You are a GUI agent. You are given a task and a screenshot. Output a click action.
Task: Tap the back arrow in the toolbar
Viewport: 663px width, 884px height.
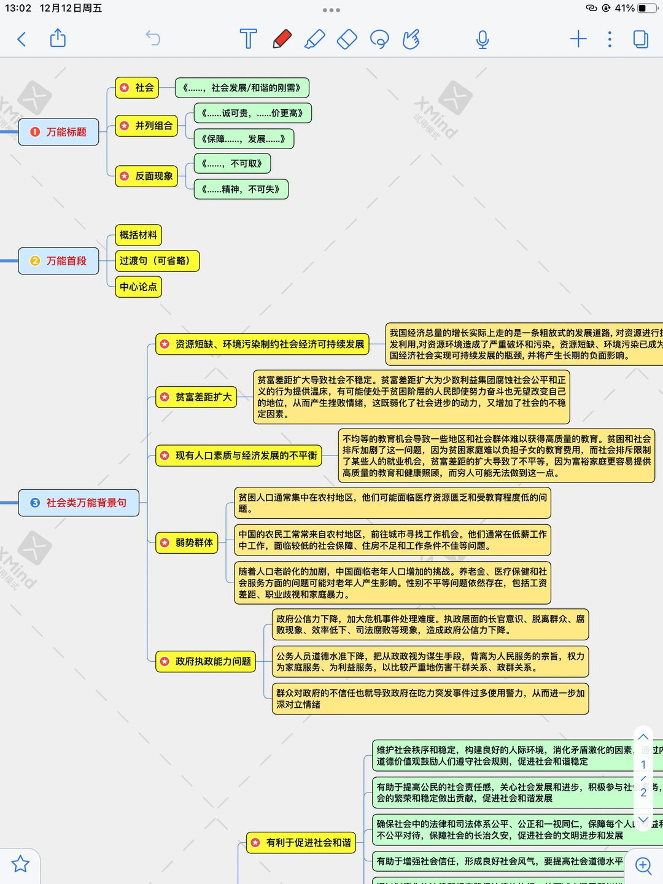pos(22,39)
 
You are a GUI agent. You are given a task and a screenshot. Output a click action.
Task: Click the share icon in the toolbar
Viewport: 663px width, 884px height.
pos(58,38)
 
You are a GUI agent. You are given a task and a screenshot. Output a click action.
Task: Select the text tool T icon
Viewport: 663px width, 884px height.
pos(248,39)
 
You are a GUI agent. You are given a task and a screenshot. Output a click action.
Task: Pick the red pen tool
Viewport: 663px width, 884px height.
pos(282,39)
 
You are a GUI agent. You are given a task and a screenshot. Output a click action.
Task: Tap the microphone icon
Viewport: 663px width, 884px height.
pos(483,39)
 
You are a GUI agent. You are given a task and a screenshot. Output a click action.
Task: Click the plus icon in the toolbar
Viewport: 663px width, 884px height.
pos(578,39)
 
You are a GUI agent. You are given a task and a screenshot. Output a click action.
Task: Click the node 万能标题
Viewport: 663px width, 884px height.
pos(59,132)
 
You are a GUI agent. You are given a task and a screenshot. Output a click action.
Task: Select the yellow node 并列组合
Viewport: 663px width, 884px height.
pos(147,126)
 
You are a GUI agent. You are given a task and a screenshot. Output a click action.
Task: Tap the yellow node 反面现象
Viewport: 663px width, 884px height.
pos(147,176)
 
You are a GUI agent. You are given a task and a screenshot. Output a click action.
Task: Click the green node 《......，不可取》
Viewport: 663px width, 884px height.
pos(232,164)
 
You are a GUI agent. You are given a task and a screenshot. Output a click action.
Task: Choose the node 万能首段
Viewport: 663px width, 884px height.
pos(59,261)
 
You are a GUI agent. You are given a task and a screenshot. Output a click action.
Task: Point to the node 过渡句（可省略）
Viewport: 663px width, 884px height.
pos(158,261)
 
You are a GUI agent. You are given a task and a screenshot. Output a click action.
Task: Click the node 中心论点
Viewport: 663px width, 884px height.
pos(139,287)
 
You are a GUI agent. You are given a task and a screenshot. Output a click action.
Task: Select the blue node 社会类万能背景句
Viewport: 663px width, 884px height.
pos(79,503)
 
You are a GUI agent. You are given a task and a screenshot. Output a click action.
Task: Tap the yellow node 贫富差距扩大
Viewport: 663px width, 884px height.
pos(196,397)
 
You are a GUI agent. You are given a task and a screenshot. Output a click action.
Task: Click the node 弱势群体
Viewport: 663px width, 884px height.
pos(187,543)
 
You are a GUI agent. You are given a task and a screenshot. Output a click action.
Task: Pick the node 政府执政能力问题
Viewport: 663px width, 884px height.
pos(206,661)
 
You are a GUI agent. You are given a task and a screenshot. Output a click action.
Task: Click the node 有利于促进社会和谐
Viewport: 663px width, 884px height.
pos(301,843)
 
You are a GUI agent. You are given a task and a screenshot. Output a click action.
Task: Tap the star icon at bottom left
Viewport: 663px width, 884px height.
pos(20,864)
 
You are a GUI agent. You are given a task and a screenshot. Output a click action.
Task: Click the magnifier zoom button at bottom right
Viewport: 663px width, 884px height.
pos(643,866)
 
